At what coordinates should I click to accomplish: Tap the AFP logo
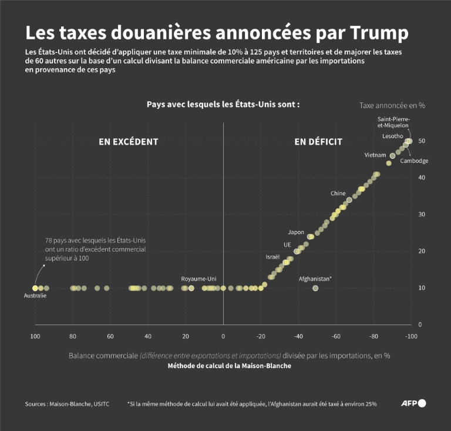click(x=413, y=403)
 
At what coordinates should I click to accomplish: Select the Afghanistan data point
click(x=315, y=288)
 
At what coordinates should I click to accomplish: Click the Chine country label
click(x=338, y=193)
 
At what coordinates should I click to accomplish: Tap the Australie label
click(x=35, y=296)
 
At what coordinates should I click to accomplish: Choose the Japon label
click(x=296, y=232)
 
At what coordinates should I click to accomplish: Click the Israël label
click(x=272, y=257)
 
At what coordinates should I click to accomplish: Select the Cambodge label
click(x=415, y=161)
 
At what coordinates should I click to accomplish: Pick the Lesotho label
click(x=392, y=136)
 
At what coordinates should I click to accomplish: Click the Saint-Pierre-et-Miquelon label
click(x=393, y=122)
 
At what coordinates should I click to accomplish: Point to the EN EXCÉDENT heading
click(x=128, y=142)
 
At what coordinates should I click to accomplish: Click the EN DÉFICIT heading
click(x=318, y=142)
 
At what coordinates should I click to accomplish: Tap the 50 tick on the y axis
click(x=422, y=141)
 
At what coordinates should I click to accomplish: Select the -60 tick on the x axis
click(x=336, y=336)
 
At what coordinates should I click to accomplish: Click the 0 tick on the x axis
click(x=223, y=336)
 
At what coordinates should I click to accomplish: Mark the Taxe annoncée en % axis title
click(x=392, y=105)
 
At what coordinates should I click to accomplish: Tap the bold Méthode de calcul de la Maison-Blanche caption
click(x=229, y=366)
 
